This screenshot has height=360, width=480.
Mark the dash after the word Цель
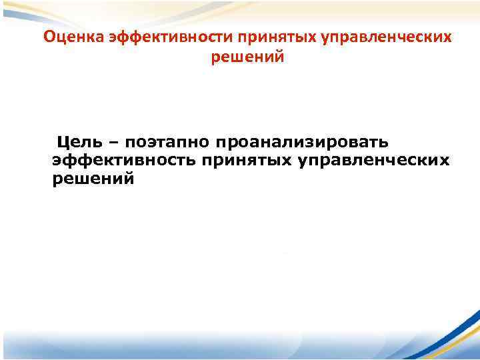[x=112, y=142]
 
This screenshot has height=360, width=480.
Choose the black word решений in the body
[x=93, y=179]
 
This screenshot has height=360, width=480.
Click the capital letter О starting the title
[x=49, y=37]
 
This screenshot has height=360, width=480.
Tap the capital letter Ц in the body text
[x=63, y=142]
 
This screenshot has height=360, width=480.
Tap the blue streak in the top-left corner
[x=27, y=8]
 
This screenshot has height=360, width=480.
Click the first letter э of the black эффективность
[x=56, y=161]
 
